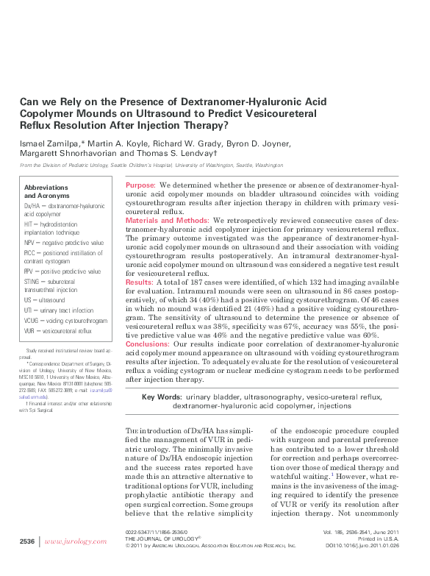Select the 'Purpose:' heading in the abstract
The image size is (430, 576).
point(140,185)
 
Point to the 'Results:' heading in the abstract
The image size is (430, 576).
point(140,282)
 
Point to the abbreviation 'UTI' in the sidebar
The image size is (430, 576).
point(29,311)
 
